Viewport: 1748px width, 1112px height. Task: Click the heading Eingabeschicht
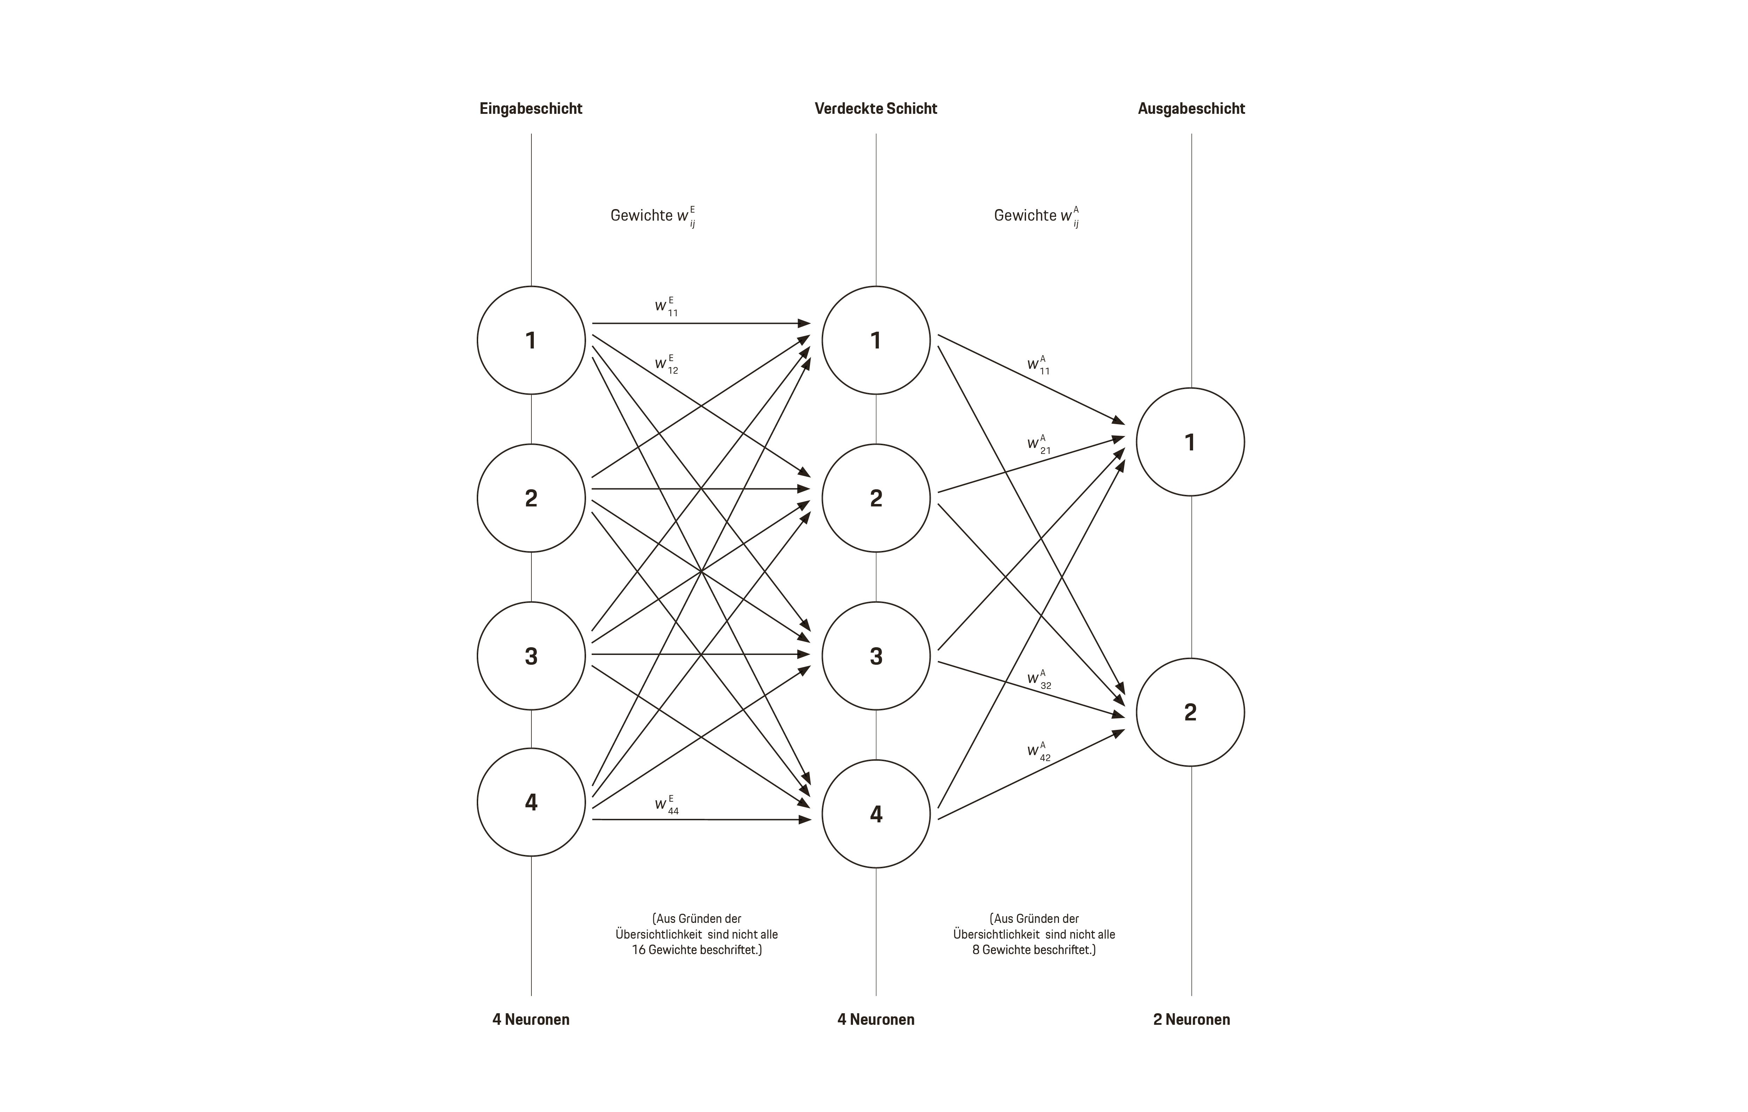point(531,109)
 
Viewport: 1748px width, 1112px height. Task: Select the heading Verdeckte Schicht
point(875,109)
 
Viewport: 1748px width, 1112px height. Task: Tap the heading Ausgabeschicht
point(1191,109)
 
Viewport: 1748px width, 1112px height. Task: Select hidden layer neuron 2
point(876,498)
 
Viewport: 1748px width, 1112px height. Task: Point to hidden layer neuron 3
point(876,656)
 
